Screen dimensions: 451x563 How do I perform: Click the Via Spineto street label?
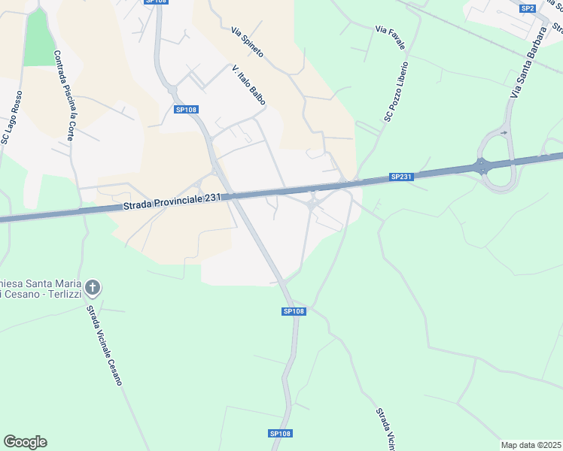(247, 43)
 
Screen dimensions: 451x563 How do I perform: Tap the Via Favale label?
(390, 38)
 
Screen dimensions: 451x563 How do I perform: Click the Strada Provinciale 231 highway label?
(172, 201)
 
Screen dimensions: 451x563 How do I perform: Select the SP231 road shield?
(400, 177)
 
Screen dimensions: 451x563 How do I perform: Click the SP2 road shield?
(528, 8)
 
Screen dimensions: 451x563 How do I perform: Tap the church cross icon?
(93, 287)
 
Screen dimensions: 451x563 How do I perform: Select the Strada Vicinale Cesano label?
(103, 345)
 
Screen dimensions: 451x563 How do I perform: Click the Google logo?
(25, 442)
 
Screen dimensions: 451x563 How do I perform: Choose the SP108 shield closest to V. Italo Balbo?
(185, 110)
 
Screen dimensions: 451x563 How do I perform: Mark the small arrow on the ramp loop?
(504, 133)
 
